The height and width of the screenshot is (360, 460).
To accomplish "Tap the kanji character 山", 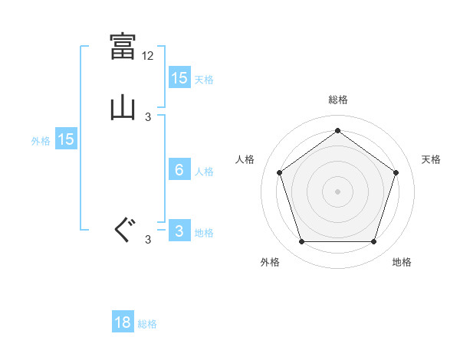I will (x=123, y=108).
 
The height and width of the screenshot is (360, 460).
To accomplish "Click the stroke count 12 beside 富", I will (x=149, y=56).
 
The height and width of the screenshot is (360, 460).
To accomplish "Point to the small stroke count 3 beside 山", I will (x=148, y=117).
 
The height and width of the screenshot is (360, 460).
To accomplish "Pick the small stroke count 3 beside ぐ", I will (x=148, y=240).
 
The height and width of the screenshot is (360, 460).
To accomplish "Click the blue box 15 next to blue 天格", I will (x=179, y=77).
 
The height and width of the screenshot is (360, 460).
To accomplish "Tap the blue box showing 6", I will (x=179, y=170).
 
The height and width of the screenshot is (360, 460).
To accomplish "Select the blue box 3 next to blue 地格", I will (x=179, y=231).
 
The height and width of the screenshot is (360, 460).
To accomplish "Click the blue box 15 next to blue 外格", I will (x=66, y=139).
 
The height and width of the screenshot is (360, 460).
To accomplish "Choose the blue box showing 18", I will (x=123, y=322).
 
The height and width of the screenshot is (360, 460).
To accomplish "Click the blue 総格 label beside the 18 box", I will (x=147, y=324).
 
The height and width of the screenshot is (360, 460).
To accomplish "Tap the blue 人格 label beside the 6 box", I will (x=204, y=172).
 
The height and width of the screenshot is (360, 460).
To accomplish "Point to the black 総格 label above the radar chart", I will (x=338, y=100).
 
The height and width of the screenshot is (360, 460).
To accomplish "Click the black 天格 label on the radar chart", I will (x=431, y=159).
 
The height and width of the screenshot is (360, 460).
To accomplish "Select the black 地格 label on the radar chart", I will (x=402, y=262).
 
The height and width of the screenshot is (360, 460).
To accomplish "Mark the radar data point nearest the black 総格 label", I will (x=338, y=131).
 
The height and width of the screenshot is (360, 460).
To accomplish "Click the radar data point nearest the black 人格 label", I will (x=279, y=172).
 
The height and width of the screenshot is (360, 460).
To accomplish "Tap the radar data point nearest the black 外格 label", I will (x=301, y=242).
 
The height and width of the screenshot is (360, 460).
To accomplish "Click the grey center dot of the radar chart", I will (x=338, y=191).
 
